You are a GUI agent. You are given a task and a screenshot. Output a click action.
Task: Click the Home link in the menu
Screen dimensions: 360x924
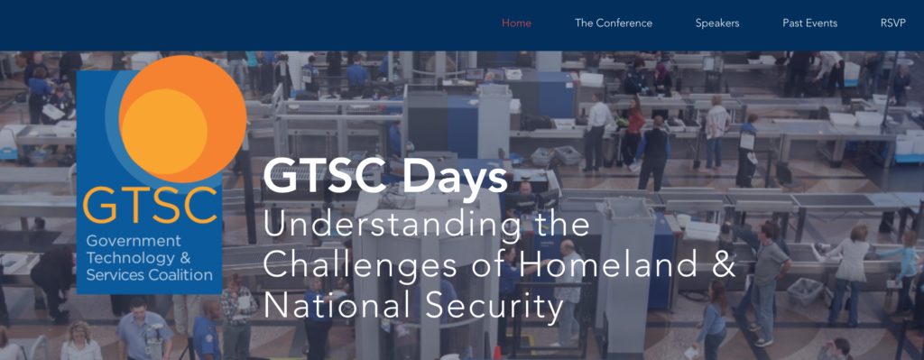(516, 23)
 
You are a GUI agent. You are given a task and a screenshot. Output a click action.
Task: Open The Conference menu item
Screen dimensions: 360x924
(614, 23)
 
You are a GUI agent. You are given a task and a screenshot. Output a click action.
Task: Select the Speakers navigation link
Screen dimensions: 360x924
(717, 23)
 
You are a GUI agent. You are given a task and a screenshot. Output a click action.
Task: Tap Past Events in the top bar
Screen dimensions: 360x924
(809, 23)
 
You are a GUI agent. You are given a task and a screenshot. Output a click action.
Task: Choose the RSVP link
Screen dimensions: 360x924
(894, 23)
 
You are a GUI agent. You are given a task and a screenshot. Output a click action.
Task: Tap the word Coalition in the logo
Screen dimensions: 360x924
(180, 275)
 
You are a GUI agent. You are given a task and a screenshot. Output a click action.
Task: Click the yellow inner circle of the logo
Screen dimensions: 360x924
(162, 126)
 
